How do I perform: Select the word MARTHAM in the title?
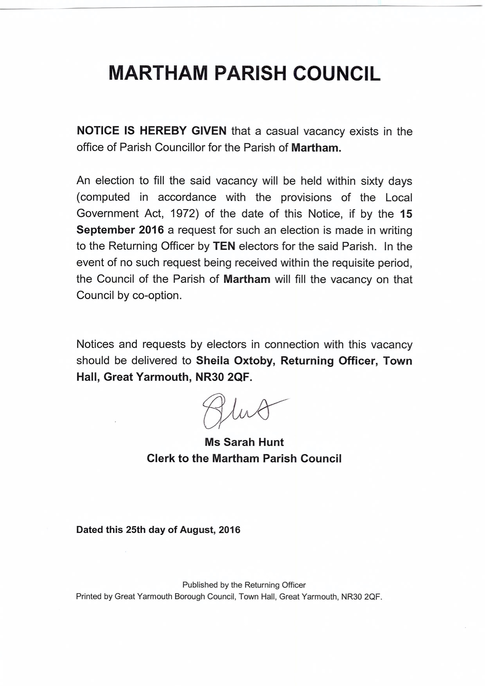158,74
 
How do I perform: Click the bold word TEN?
224,246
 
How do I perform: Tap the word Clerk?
161,458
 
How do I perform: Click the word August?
197,530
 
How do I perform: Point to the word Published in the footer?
199,585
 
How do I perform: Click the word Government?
108,214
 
